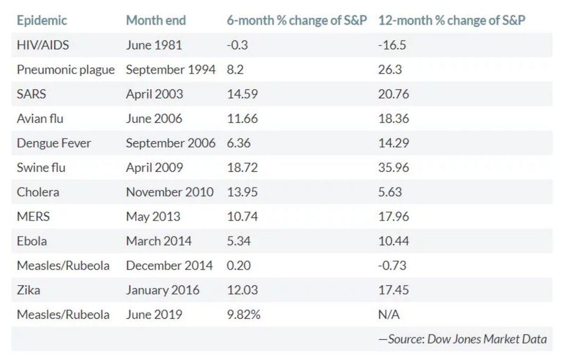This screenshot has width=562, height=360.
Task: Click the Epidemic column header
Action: tap(42, 21)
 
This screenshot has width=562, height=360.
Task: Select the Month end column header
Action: tap(156, 20)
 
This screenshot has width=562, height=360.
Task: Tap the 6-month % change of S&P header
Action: tap(297, 20)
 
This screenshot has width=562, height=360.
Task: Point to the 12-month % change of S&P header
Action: tap(451, 20)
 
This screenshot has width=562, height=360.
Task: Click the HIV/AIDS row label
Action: tap(43, 45)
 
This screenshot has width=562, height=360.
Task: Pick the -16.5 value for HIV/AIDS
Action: tap(392, 45)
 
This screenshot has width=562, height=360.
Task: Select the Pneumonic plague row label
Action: tap(66, 70)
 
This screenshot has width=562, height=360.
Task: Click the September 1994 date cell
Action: tap(170, 70)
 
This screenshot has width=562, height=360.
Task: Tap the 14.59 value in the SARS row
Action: tap(243, 94)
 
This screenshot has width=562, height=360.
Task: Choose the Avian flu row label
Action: tap(40, 118)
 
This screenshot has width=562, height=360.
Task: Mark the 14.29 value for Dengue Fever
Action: tap(394, 143)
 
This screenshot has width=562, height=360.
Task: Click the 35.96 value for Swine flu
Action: tap(394, 168)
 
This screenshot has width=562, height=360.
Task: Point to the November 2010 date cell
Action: tap(170, 192)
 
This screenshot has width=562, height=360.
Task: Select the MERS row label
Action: tap(33, 216)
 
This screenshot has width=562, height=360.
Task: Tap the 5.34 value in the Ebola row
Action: tap(239, 241)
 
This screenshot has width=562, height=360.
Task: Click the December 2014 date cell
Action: tap(170, 266)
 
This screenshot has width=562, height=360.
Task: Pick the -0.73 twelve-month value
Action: tap(392, 266)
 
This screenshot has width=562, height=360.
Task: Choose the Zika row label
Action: tap(29, 290)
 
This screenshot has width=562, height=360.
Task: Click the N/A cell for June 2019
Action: tap(389, 315)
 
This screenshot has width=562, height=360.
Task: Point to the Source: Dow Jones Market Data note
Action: tap(463, 339)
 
